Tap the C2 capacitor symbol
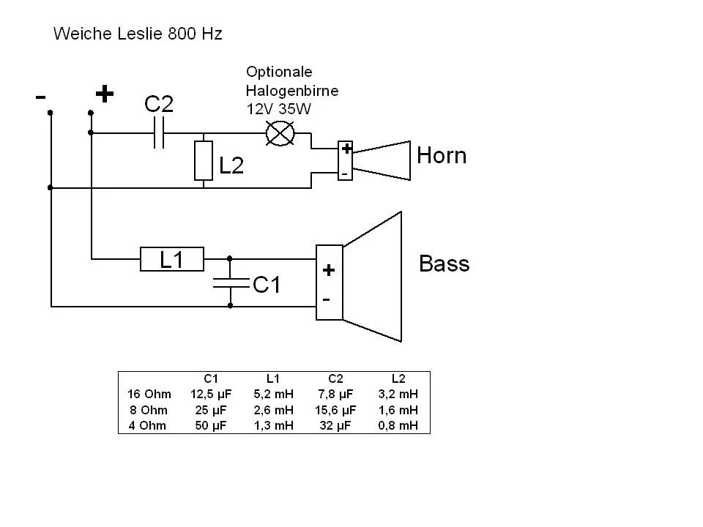159,133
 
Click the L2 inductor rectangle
203,161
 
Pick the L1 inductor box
171,258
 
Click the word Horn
441,156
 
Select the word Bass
444,263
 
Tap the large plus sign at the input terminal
105,94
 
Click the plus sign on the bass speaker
329,270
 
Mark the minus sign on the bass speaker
327,300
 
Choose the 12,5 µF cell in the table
211,395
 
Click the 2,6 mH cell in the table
273,410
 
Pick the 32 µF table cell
335,425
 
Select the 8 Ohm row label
148,410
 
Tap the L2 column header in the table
398,379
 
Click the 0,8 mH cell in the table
398,425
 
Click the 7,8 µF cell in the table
335,395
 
